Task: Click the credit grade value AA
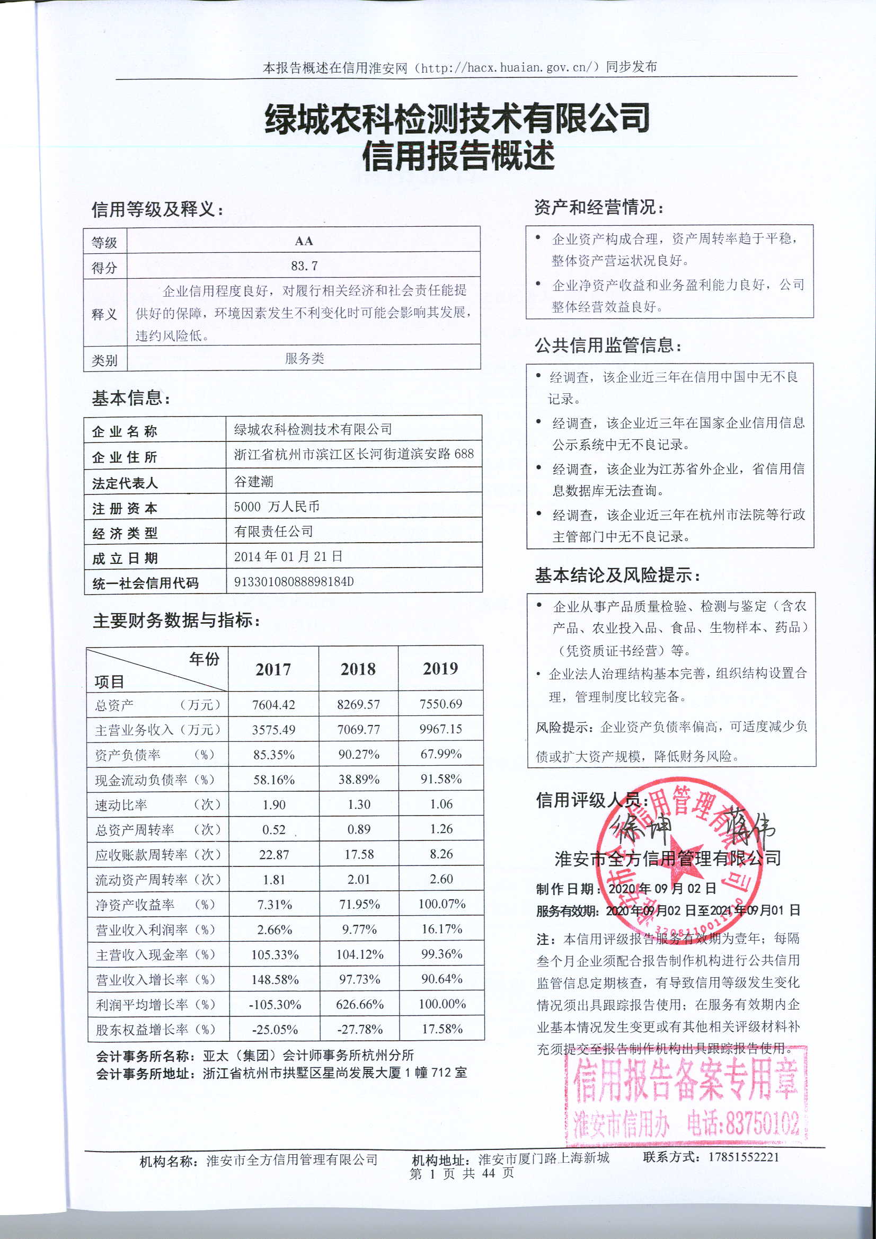click(304, 241)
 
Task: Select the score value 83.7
click(304, 265)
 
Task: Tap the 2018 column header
click(358, 669)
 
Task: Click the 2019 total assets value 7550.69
click(440, 704)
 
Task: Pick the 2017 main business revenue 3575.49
click(273, 730)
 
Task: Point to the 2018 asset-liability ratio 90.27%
click(358, 755)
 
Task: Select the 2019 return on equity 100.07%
click(441, 904)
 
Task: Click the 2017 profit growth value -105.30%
click(275, 1004)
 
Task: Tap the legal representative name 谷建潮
click(254, 481)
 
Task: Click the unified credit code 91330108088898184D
click(294, 581)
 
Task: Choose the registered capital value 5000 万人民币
click(276, 506)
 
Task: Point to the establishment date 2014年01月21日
click(288, 556)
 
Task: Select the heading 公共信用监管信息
click(607, 345)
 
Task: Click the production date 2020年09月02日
click(662, 889)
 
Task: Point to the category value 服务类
click(304, 358)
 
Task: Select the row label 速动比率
click(121, 805)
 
